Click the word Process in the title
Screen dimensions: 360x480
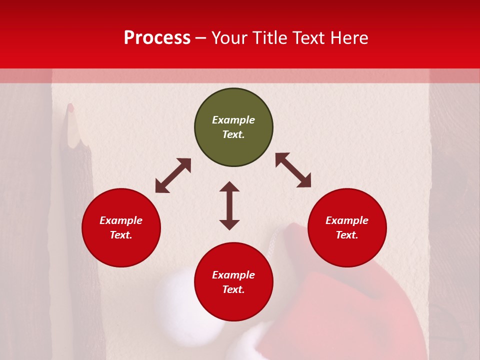tap(157, 38)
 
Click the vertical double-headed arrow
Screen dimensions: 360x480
tap(229, 205)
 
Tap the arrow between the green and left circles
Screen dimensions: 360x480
tap(173, 175)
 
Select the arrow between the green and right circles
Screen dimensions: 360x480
tap(293, 170)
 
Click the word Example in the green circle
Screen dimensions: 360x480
tap(233, 120)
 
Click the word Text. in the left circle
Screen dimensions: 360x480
tap(121, 235)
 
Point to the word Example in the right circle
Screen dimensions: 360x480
tap(347, 220)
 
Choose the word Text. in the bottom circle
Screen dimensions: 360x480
tap(233, 289)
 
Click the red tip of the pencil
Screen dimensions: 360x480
tap(70, 107)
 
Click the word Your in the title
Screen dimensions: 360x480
tap(228, 38)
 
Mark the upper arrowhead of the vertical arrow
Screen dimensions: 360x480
tap(229, 186)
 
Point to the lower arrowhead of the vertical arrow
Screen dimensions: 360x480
tap(229, 224)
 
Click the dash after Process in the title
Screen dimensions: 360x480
tap(201, 38)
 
